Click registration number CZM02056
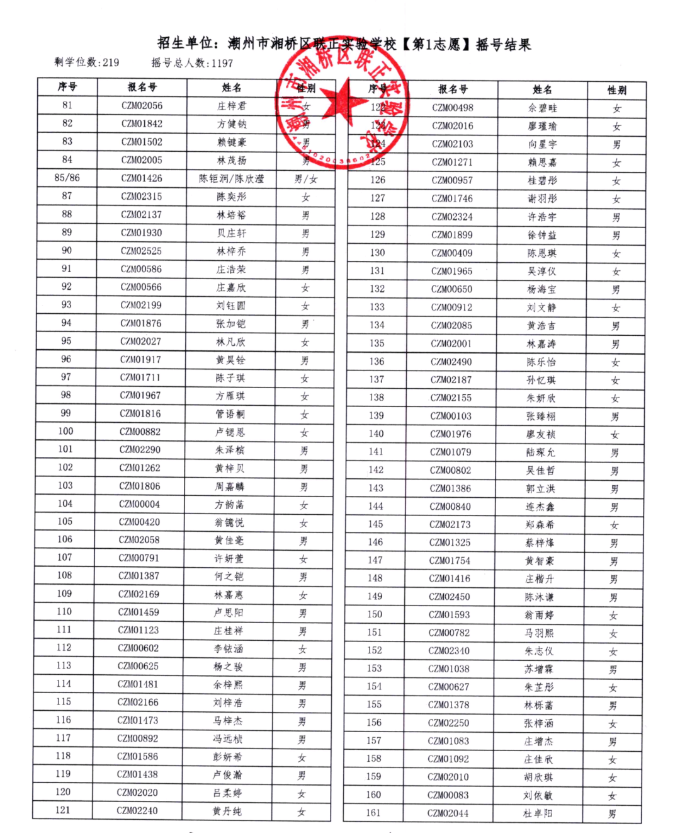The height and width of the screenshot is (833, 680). coord(142,106)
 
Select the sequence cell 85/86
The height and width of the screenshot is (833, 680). coord(67,178)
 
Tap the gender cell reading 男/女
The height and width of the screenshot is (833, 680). coord(306,179)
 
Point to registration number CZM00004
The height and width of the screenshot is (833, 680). coord(139,504)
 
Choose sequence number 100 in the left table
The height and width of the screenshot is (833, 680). coord(65,432)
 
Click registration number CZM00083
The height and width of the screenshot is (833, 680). coord(448,795)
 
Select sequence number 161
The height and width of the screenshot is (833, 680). coord(373,813)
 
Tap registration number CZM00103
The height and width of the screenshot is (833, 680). coord(451,416)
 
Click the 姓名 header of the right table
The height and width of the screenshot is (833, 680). coord(542,89)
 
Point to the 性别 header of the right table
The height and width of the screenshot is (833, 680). coord(616,90)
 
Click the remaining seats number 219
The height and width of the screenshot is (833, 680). coord(111,62)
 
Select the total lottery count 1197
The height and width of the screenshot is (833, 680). coord(222,63)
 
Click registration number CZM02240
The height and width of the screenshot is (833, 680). coord(137,810)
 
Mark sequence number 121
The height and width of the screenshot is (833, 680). coord(63,810)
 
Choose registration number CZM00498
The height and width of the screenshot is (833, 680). coord(453,108)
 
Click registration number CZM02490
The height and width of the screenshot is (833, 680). coord(451,362)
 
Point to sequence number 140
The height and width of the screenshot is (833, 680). coord(376,434)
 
